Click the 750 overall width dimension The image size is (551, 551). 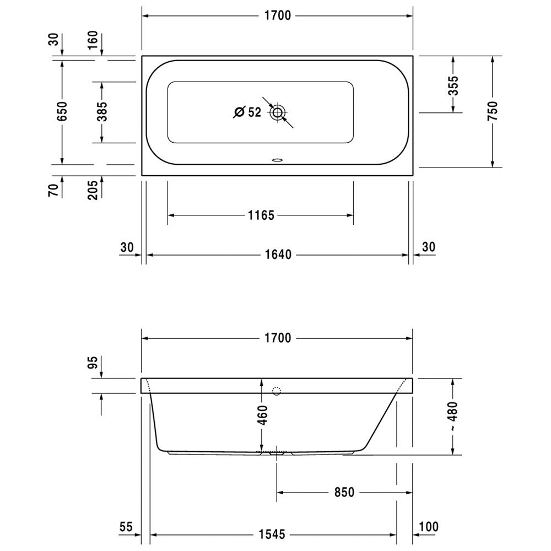tap(493, 111)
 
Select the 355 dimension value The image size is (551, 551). tap(453, 85)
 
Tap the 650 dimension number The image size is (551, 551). tap(62, 111)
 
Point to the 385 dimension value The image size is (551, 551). tap(102, 111)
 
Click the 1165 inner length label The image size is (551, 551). tap(261, 215)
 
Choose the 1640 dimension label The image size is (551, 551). tap(278, 255)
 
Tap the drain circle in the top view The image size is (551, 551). tap(278, 113)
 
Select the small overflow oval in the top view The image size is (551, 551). tap(278, 160)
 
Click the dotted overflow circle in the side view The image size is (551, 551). tap(277, 391)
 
